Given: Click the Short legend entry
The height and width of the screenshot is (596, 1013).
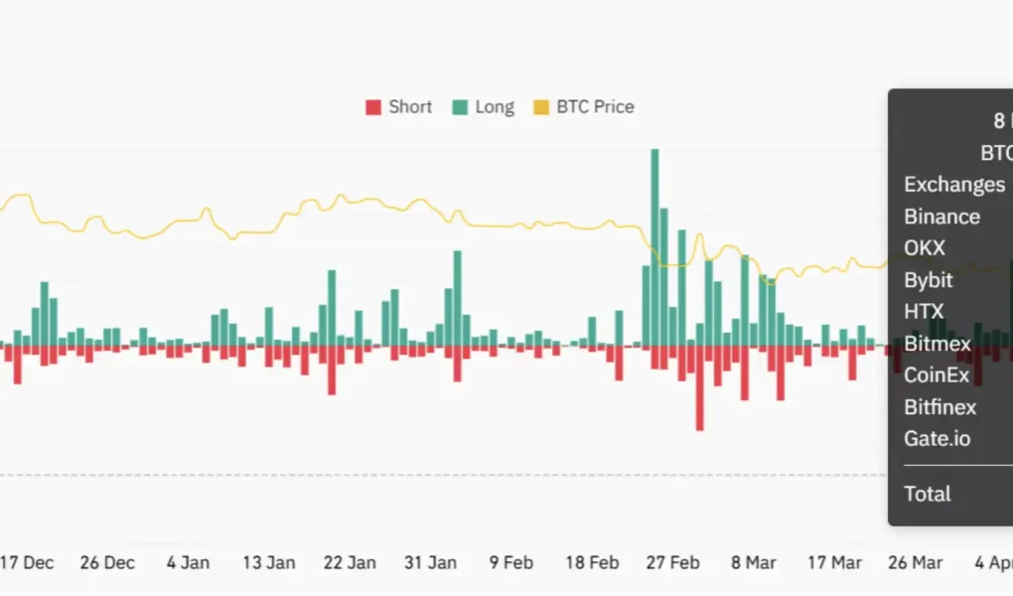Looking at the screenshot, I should pyautogui.click(x=399, y=107).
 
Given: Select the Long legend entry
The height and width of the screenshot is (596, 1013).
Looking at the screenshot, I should pyautogui.click(x=484, y=107).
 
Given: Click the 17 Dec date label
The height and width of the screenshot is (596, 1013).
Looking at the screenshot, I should pyautogui.click(x=27, y=562).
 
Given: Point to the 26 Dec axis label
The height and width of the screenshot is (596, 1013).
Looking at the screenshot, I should pyautogui.click(x=107, y=562).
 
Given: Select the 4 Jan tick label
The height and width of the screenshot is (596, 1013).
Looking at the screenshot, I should pyautogui.click(x=188, y=562).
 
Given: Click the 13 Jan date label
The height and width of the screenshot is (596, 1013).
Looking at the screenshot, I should pyautogui.click(x=268, y=562).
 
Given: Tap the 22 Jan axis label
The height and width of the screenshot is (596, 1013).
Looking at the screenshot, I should pyautogui.click(x=350, y=562).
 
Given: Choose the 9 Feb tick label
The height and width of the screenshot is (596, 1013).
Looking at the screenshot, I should pyautogui.click(x=510, y=562).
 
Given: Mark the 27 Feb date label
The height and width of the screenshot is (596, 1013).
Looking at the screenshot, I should pyautogui.click(x=672, y=562).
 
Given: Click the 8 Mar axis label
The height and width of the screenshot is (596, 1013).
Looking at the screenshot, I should pyautogui.click(x=754, y=562).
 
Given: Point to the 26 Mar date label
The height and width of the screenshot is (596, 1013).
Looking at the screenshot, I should pyautogui.click(x=915, y=562).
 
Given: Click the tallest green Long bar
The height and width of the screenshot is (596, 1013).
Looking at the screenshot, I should pyautogui.click(x=654, y=248).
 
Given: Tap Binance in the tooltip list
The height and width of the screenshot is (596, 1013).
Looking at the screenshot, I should pyautogui.click(x=941, y=217).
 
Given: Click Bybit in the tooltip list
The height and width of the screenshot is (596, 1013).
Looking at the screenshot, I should pyautogui.click(x=929, y=280).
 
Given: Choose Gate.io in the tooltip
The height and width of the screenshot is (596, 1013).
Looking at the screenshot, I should pyautogui.click(x=937, y=438).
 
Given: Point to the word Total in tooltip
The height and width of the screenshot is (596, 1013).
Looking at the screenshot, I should pyautogui.click(x=927, y=494).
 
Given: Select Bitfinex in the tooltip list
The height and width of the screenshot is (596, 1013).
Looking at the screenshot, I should pyautogui.click(x=940, y=407).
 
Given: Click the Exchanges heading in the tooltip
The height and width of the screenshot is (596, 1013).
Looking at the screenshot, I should pyautogui.click(x=953, y=185).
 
